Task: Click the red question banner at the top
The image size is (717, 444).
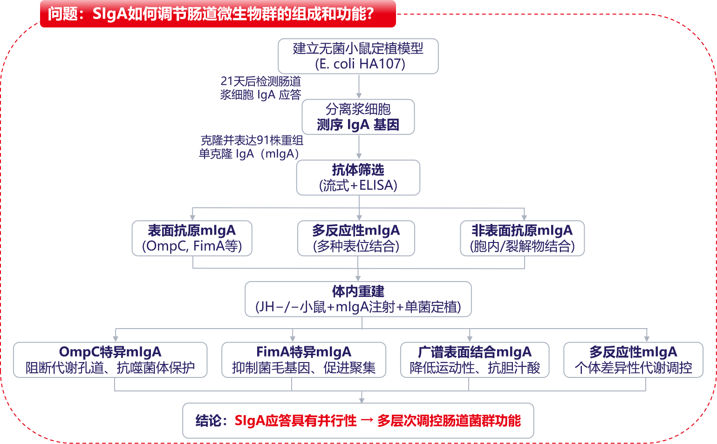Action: point(218,14)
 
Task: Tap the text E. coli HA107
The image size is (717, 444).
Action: point(360,64)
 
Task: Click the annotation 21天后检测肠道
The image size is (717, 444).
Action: point(261,81)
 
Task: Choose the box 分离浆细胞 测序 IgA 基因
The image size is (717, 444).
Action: point(358,117)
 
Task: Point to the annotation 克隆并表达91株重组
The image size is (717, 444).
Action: point(252,140)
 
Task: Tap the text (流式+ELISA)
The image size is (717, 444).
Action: point(358,186)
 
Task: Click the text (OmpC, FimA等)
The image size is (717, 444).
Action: point(192,246)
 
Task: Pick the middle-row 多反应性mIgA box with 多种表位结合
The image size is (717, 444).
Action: point(356,238)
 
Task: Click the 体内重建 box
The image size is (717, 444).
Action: point(358,299)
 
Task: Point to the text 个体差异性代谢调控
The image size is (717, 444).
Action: point(633,368)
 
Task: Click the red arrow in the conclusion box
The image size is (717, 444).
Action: point(367,421)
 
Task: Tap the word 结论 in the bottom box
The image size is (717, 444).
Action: point(208,421)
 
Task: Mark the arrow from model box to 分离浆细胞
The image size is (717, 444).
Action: point(359,86)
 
